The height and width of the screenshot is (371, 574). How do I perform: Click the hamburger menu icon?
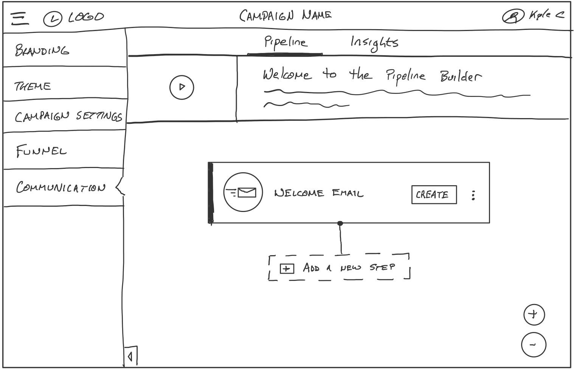19,18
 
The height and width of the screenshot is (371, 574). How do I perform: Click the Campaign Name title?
285,16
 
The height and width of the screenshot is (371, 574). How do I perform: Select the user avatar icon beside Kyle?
512,16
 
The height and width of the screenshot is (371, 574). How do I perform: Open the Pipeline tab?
285,42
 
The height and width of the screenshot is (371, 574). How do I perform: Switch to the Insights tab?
374,43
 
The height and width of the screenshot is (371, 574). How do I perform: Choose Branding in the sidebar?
42,50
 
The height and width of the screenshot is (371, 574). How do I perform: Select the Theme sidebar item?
33,86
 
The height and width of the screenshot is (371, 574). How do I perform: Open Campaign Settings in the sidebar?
68,116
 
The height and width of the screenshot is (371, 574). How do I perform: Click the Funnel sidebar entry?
41,151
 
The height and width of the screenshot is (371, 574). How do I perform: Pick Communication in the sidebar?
61,187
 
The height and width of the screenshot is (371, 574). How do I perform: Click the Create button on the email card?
434,195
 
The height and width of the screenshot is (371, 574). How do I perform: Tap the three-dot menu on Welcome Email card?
473,195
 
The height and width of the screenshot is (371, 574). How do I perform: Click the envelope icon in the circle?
243,192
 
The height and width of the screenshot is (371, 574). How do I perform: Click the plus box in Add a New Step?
287,268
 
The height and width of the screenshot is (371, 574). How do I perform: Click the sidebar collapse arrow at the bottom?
130,356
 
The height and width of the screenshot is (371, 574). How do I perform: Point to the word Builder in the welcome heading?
461,77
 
